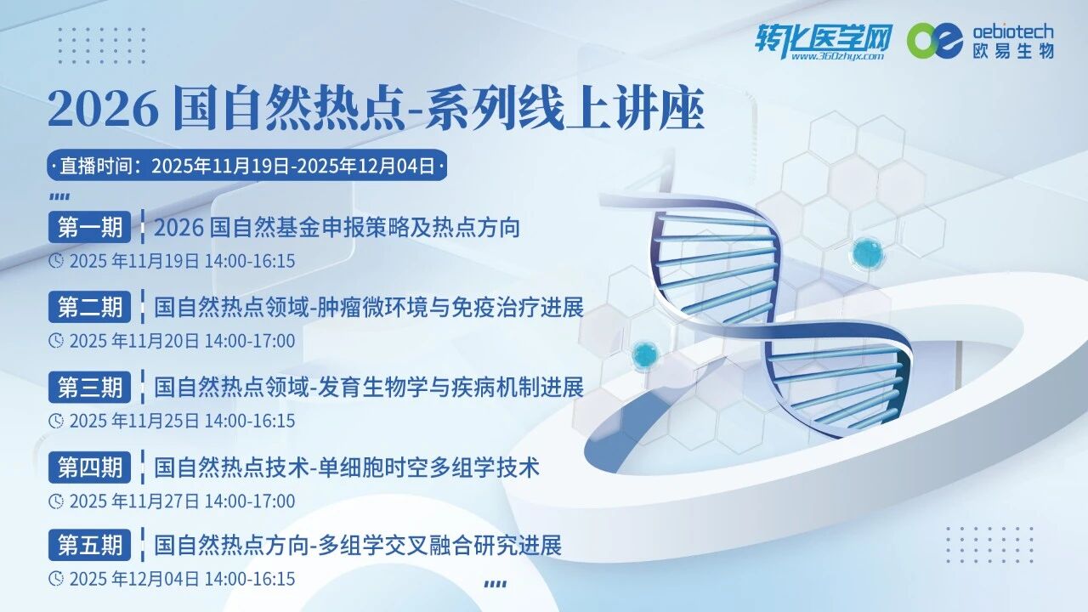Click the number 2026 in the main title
[x=103, y=110]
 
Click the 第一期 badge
[x=90, y=228]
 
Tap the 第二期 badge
[x=90, y=307]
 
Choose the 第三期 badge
[x=90, y=387]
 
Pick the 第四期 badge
[x=90, y=467]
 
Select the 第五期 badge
[x=90, y=545]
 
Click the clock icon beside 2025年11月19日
[x=56, y=260]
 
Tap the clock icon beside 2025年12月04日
[x=56, y=579]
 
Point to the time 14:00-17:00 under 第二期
[x=250, y=341]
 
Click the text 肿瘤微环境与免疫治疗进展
[x=450, y=308]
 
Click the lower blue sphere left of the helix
[x=645, y=352]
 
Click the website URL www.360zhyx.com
[x=836, y=56]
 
